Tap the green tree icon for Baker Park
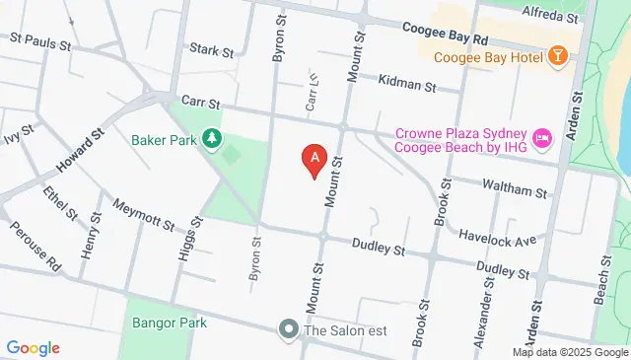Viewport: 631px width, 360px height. click(210, 138)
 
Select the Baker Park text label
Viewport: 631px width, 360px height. click(164, 139)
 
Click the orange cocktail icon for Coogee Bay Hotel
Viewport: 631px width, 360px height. click(558, 56)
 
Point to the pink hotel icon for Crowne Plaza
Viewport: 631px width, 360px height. click(541, 139)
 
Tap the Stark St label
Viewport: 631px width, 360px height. click(210, 48)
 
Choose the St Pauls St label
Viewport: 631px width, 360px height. click(41, 43)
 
